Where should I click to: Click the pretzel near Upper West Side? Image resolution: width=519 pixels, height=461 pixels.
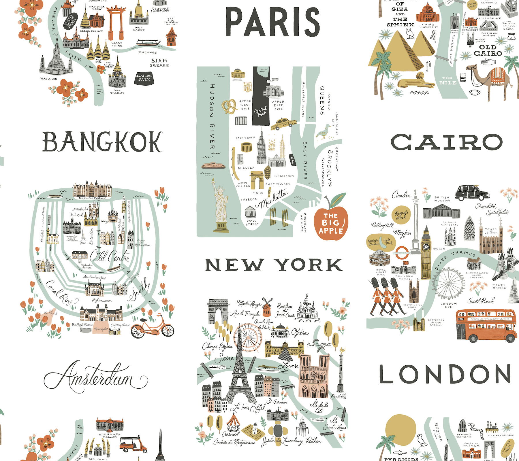point(229,106)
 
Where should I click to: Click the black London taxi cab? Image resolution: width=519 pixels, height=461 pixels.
point(472,192)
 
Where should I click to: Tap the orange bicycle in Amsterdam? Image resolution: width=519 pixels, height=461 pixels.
point(152,327)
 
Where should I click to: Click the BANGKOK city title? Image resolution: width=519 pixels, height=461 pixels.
point(102,142)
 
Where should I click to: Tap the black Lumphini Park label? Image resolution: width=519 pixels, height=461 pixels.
point(144,78)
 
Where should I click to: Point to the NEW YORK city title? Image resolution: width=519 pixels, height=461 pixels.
point(273,264)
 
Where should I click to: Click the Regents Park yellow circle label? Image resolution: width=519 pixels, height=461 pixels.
point(401,215)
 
